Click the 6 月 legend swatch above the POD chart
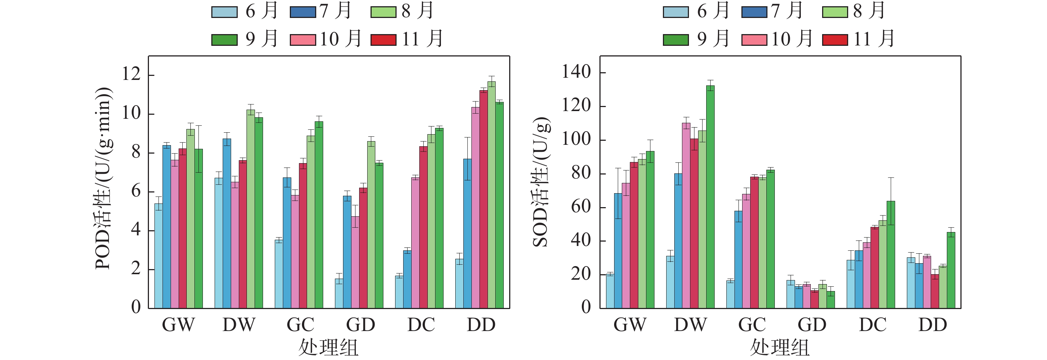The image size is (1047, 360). (x=225, y=12)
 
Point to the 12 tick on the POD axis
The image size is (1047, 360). (x=131, y=74)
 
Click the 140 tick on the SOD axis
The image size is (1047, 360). (x=576, y=72)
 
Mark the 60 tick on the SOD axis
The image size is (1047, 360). (x=581, y=207)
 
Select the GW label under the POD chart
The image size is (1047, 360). (x=178, y=325)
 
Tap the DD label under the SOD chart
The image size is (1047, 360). (x=933, y=325)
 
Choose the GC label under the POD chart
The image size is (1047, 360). (x=300, y=325)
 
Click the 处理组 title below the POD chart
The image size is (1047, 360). (x=328, y=348)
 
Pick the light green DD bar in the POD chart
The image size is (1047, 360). (x=491, y=195)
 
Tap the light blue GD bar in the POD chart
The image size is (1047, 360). (x=339, y=293)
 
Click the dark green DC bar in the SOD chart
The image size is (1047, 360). (x=890, y=254)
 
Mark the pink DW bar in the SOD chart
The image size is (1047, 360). (x=686, y=215)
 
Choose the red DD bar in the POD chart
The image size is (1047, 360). (x=483, y=199)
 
